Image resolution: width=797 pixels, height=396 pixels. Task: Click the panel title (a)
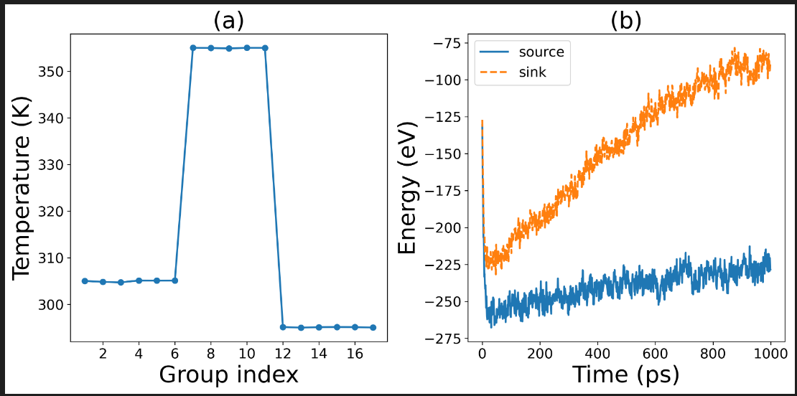pyautogui.click(x=229, y=21)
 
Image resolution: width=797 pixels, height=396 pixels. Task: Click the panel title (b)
pyautogui.click(x=626, y=21)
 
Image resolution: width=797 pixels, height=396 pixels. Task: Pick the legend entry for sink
pyautogui.click(x=533, y=72)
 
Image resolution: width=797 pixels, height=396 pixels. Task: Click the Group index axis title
pyautogui.click(x=228, y=374)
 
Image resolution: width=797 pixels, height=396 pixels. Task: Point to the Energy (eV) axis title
pyautogui.click(x=409, y=192)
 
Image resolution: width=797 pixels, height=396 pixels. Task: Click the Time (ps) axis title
pyautogui.click(x=625, y=374)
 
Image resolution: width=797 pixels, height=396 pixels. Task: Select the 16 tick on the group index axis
pyautogui.click(x=355, y=354)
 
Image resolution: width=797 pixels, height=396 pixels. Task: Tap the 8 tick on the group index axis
pyautogui.click(x=211, y=354)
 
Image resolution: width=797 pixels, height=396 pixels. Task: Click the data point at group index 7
pyautogui.click(x=193, y=47)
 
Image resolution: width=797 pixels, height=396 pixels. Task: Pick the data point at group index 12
pyautogui.click(x=283, y=327)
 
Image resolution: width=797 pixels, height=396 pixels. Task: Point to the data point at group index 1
pyautogui.click(x=85, y=280)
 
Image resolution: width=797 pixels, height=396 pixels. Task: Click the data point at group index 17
pyautogui.click(x=373, y=327)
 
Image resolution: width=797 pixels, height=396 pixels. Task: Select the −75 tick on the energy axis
pyautogui.click(x=449, y=43)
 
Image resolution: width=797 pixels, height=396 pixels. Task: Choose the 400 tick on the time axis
pyautogui.click(x=597, y=354)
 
